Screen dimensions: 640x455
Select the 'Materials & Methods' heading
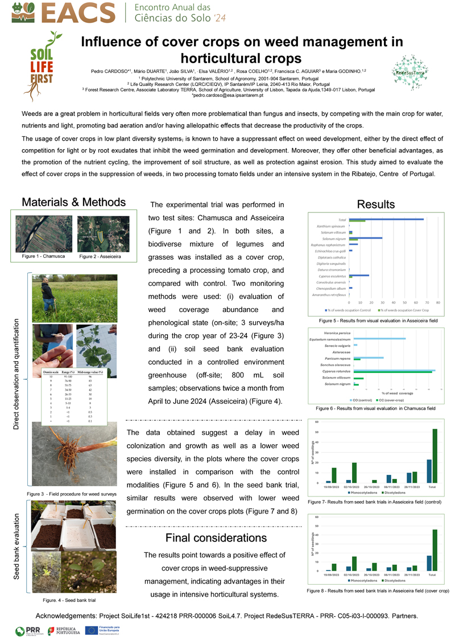pos(73,203)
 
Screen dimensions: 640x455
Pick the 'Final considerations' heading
pos(216,538)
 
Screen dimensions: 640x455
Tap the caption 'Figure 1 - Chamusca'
pos(43,257)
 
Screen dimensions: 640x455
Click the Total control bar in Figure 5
pos(386,219)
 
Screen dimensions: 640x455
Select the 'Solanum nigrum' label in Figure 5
pos(335,239)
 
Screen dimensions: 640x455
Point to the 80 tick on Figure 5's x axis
pos(437,302)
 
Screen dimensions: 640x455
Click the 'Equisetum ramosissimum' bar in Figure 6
pos(379,338)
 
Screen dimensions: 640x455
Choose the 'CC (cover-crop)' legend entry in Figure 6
pos(386,400)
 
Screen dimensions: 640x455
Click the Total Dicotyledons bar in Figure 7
pos(435,455)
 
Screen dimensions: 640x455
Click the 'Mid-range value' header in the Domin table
pos(91,372)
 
